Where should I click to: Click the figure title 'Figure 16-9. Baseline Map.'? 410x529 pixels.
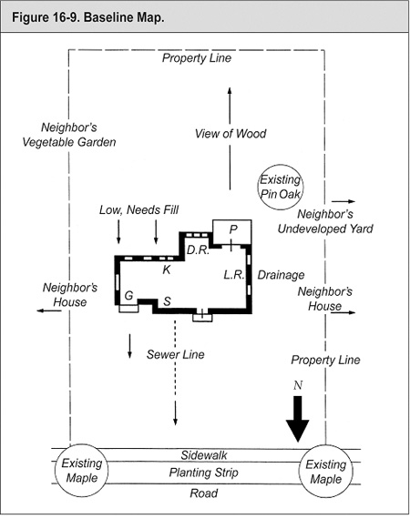point(88,17)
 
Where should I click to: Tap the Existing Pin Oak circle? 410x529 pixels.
point(281,165)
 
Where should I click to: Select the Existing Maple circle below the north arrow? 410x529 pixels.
point(326,445)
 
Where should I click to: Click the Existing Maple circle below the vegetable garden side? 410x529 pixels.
point(81,444)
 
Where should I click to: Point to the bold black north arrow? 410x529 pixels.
point(298,419)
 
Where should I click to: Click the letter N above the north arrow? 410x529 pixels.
point(298,385)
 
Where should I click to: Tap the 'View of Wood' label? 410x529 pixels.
point(231,134)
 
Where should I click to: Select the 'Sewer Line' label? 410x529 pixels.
point(175,354)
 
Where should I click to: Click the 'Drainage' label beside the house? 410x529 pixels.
point(281,275)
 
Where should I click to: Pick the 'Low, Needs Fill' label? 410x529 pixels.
point(138,209)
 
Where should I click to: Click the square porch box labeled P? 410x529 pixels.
point(232,220)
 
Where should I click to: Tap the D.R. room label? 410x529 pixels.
point(198,250)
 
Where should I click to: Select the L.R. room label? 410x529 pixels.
point(234,275)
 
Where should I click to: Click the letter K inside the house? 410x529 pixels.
point(167,270)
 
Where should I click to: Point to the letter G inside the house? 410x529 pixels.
point(128,296)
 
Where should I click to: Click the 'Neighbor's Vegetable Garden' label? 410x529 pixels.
point(69,135)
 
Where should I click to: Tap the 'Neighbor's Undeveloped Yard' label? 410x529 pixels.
point(325,221)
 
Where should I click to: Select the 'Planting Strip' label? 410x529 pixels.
point(204,473)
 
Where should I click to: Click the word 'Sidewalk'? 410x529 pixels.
point(204,455)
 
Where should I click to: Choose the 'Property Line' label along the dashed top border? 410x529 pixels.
point(197,58)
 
